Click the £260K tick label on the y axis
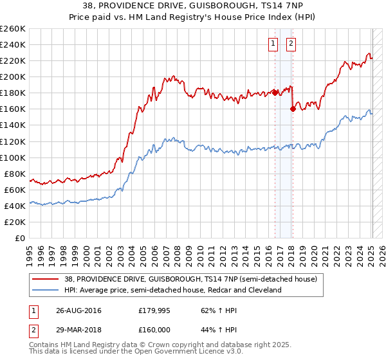click(13, 29)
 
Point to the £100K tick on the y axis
click(13, 157)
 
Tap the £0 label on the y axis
click(19, 239)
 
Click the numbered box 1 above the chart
click(273, 44)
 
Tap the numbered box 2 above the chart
click(291, 44)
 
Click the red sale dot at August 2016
click(275, 93)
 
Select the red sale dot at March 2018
click(293, 109)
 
